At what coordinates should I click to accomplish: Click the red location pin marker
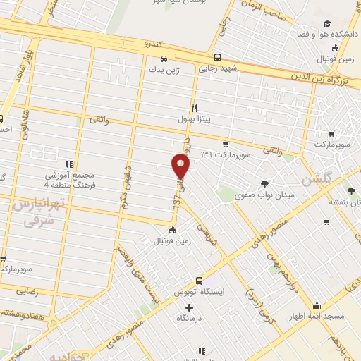pyautogui.click(x=181, y=166)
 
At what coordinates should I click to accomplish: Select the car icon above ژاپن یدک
pyautogui.click(x=164, y=59)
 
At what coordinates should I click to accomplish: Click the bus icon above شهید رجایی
pyautogui.click(x=217, y=58)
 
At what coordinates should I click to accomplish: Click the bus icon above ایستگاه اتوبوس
pyautogui.click(x=200, y=280)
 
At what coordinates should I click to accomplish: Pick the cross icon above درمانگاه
pyautogui.click(x=188, y=307)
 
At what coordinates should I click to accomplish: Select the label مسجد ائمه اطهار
pyautogui.click(x=317, y=317)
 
